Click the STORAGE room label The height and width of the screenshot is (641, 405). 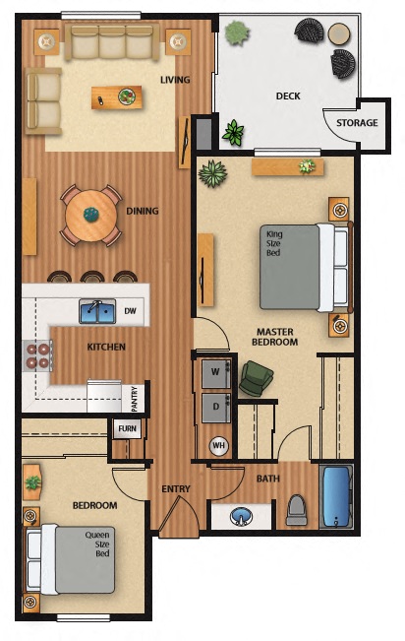tap(357, 123)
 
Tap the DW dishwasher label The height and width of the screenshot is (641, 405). tap(132, 311)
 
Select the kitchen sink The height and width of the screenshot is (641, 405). tap(96, 312)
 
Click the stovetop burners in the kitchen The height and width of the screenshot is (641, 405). tap(37, 354)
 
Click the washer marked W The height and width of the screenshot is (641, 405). tap(215, 372)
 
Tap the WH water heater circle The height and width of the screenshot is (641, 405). tap(218, 444)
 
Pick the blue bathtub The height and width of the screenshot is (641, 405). tap(337, 496)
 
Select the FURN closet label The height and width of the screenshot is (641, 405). tap(128, 428)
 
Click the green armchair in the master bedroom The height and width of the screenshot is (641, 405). tap(257, 378)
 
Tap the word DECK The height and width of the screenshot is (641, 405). tap(288, 96)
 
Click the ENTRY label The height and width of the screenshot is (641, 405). tap(176, 489)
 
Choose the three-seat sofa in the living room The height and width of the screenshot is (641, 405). tap(110, 43)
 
